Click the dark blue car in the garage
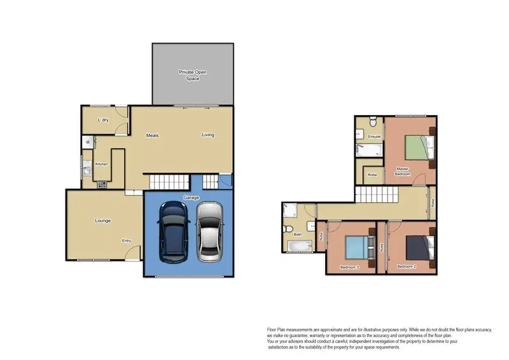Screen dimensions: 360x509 pyautogui.click(x=172, y=233)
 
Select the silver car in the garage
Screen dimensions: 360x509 pyautogui.click(x=209, y=233)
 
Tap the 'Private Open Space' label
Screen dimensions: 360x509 pyautogui.click(x=192, y=76)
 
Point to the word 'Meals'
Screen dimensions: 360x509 pyautogui.click(x=152, y=135)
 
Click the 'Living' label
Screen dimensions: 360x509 pyautogui.click(x=208, y=135)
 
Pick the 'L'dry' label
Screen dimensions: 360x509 pyautogui.click(x=102, y=120)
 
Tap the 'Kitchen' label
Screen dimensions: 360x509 pyautogui.click(x=102, y=165)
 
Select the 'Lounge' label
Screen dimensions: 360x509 pyautogui.click(x=103, y=221)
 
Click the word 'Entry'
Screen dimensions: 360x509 pyautogui.click(x=127, y=240)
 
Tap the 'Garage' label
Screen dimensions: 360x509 pyautogui.click(x=192, y=198)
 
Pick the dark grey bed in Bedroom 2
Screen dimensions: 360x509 pyautogui.click(x=416, y=246)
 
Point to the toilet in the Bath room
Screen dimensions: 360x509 pyautogui.click(x=289, y=230)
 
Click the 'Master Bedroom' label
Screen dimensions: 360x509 pyautogui.click(x=402, y=171)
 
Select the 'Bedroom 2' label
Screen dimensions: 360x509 pyautogui.click(x=406, y=267)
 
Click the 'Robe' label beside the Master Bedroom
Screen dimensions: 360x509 pyautogui.click(x=372, y=174)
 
